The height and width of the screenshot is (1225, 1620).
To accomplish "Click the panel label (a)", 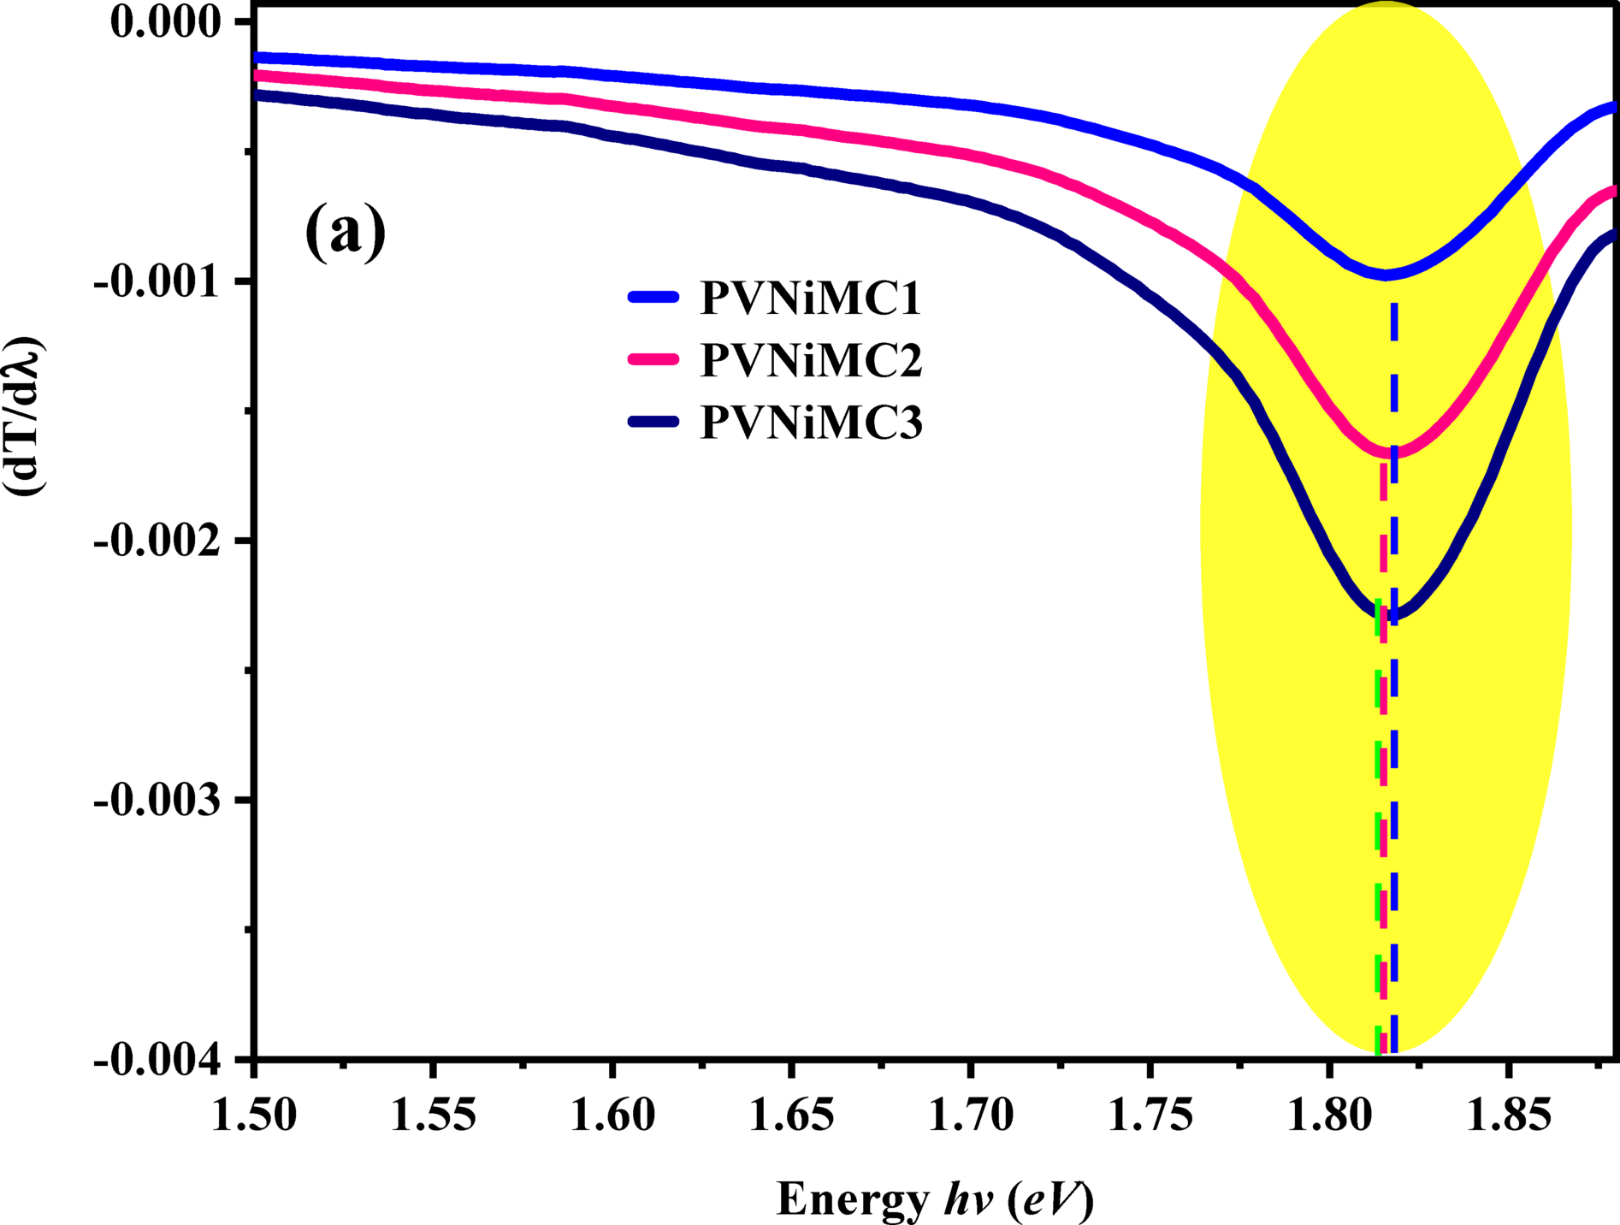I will [x=346, y=231].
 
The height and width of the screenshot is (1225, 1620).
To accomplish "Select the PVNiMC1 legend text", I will [x=811, y=298].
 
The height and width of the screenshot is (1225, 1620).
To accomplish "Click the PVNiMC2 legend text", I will [x=811, y=360].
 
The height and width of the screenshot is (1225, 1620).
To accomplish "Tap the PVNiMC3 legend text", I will [x=811, y=422].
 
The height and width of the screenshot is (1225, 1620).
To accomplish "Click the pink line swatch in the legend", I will [x=653, y=359].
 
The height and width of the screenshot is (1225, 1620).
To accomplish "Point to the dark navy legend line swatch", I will [x=653, y=422].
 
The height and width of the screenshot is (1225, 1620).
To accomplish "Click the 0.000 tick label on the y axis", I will [x=166, y=21].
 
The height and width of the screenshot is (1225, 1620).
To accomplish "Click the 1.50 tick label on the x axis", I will [x=254, y=1115].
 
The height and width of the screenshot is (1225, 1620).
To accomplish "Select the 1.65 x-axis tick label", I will [x=791, y=1115].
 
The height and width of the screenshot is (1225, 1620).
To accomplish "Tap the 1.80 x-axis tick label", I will [x=1328, y=1115].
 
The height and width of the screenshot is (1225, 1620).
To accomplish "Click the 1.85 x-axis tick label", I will [x=1508, y=1115].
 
